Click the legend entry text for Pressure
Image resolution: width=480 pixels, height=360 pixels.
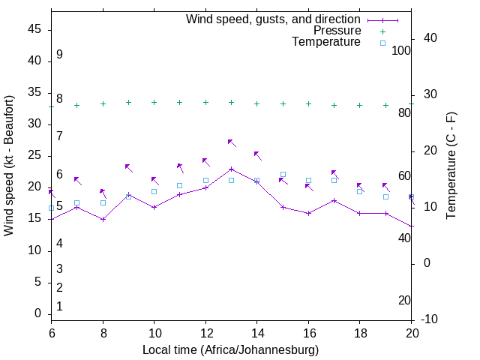point(337,31)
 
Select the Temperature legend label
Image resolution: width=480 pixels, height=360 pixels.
point(326,42)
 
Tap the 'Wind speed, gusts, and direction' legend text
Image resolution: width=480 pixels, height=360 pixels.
point(274,19)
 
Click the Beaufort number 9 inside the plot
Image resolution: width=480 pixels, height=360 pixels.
point(59,55)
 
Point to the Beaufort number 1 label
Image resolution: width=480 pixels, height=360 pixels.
point(59,307)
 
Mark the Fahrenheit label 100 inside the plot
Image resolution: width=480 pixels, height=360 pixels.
point(401,50)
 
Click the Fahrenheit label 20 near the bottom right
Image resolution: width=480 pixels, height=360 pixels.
point(404,301)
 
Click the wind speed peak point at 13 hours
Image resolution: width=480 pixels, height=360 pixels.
point(231,169)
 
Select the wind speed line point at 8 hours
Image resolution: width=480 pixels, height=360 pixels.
point(103,219)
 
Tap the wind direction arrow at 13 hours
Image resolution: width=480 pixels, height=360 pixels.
point(232,142)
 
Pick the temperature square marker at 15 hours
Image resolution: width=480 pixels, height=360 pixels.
point(283,174)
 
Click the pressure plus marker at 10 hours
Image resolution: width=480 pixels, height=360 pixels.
point(154,102)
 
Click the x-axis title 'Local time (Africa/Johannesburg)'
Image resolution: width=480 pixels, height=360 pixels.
point(230,350)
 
